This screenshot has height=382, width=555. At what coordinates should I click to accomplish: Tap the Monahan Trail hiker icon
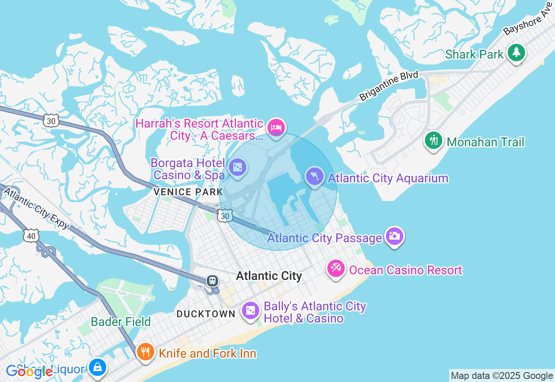[433, 141]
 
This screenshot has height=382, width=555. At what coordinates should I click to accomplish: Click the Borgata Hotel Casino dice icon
[237, 167]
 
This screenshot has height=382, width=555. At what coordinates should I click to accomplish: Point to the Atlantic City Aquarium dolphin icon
[315, 176]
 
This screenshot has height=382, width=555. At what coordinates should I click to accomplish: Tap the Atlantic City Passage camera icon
[394, 236]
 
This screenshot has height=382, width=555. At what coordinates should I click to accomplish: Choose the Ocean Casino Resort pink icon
[336, 269]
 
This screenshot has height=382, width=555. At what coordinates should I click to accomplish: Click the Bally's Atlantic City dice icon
[251, 311]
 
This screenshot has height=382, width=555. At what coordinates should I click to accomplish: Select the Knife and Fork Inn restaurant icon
[145, 352]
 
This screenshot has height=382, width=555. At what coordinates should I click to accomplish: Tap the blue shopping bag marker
[98, 368]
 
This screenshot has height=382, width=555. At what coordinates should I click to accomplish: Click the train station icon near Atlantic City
[212, 280]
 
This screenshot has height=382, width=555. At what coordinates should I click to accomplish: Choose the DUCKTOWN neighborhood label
[206, 314]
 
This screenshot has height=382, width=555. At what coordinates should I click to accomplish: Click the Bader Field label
[121, 322]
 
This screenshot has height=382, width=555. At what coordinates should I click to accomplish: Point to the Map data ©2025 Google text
[502, 375]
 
